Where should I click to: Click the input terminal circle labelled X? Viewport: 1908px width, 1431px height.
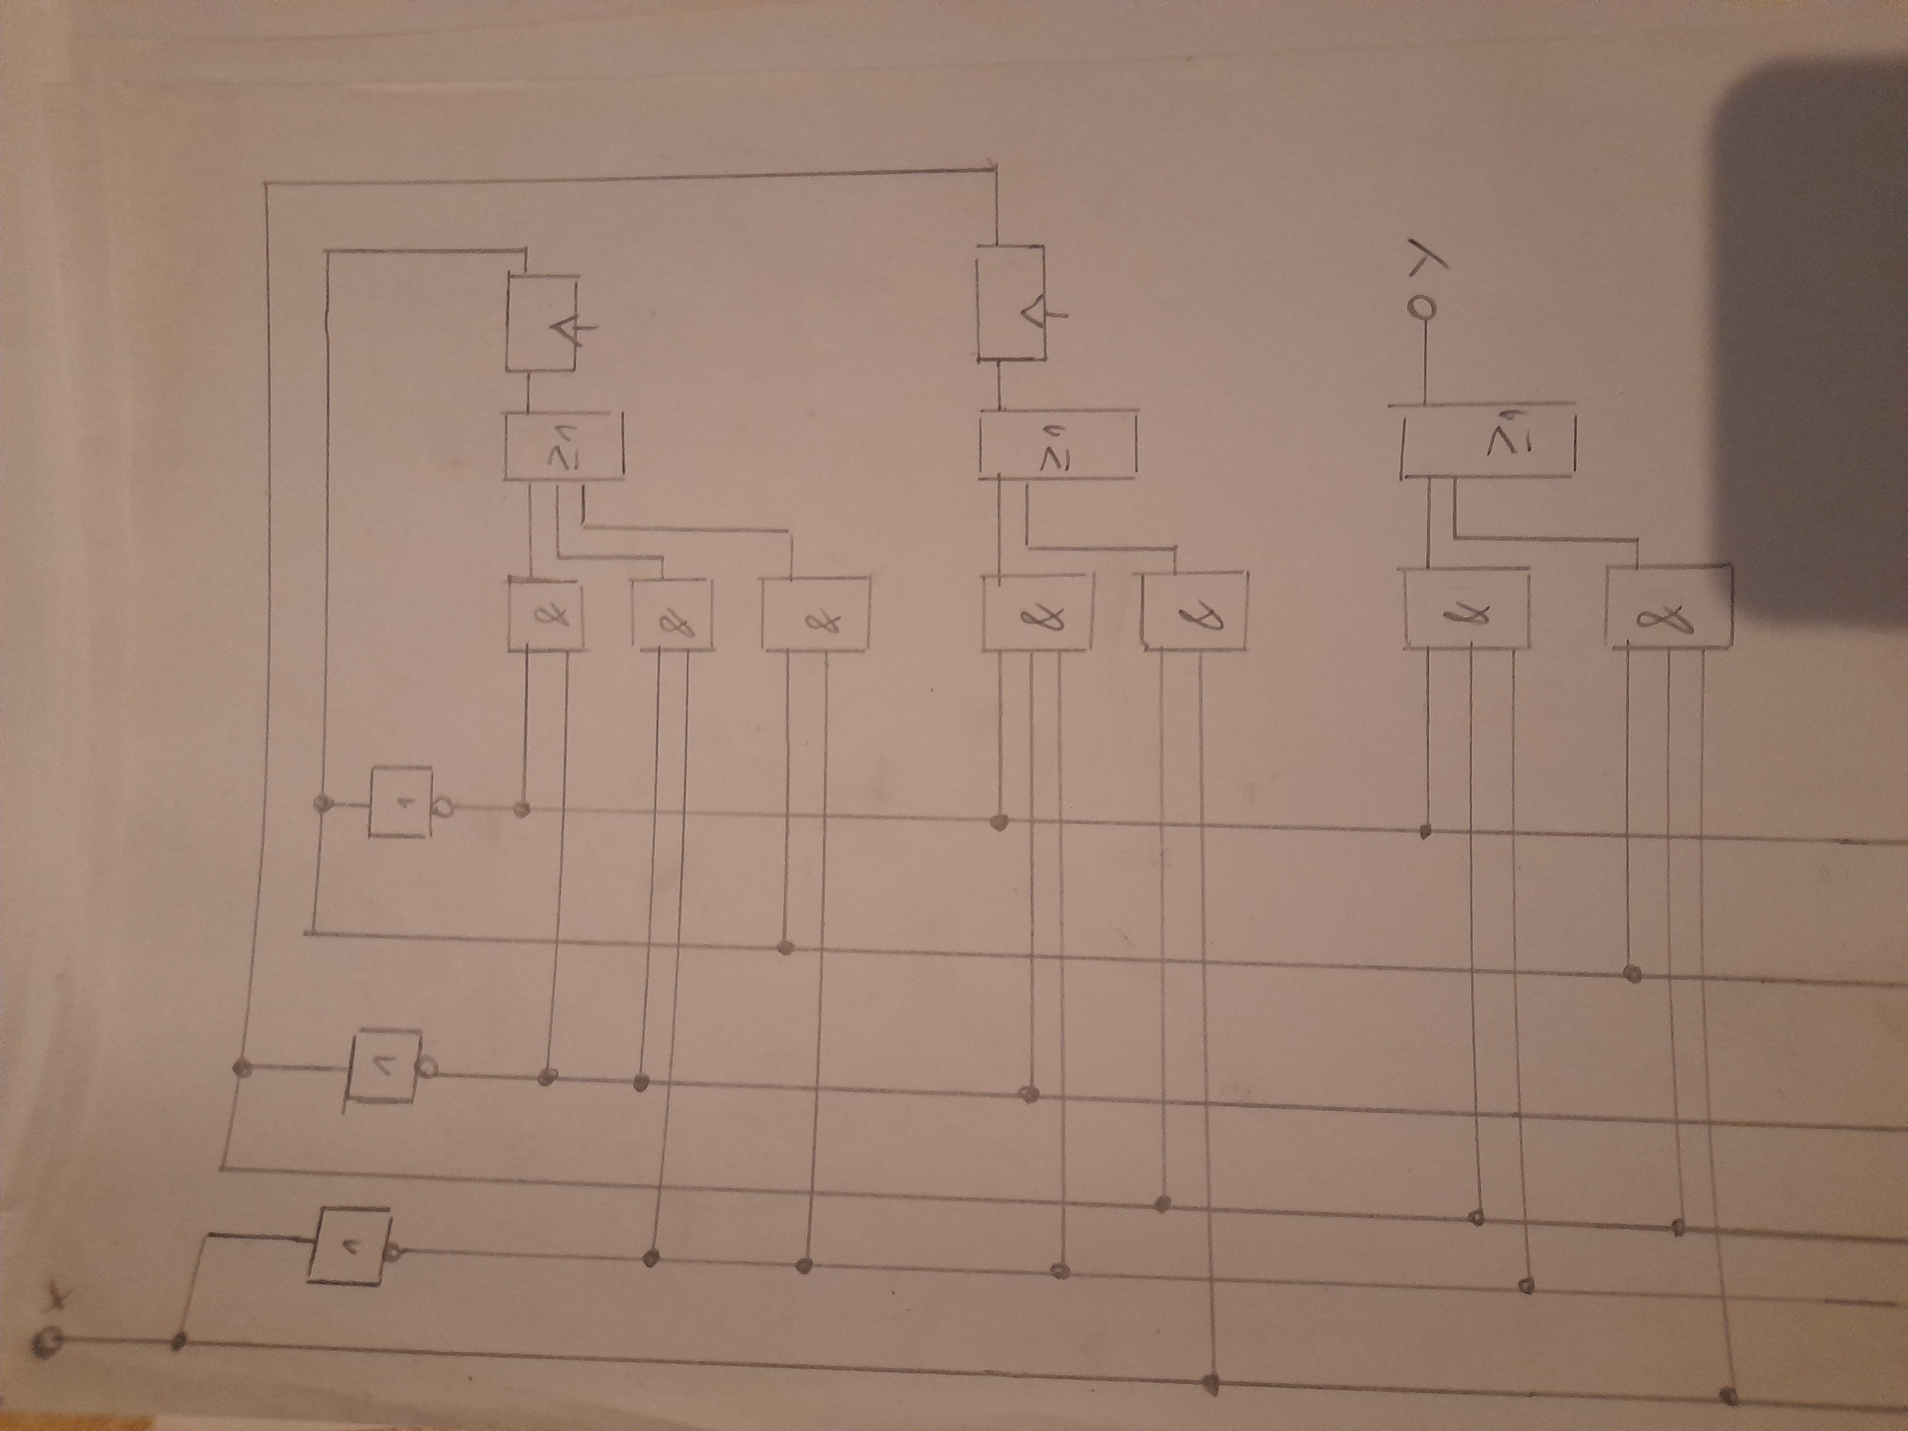point(47,1343)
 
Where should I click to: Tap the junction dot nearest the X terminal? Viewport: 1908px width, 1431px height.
point(179,1341)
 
